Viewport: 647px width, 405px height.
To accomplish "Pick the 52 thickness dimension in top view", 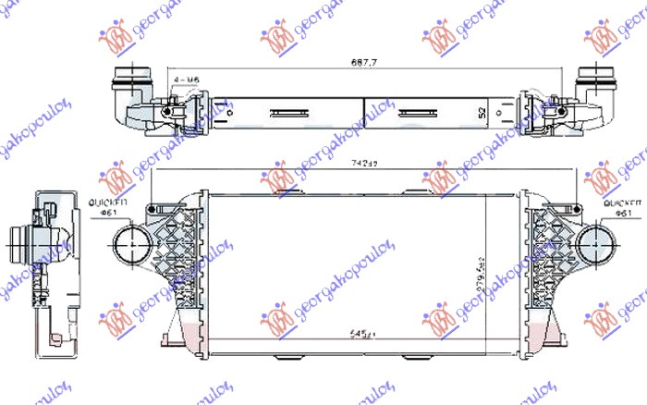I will (482, 113).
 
